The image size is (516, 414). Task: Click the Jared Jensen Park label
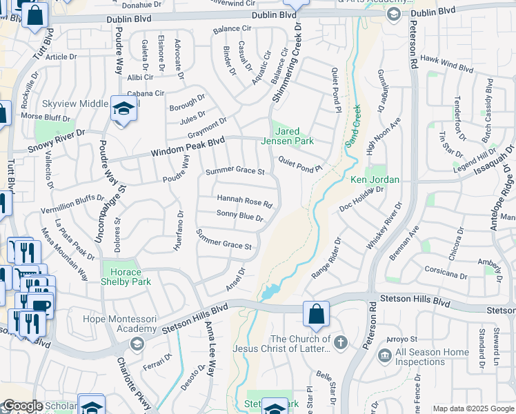(x=295, y=136)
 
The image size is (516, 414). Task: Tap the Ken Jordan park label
(x=375, y=180)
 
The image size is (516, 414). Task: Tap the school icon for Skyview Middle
(x=123, y=108)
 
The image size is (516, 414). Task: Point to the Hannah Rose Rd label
(x=245, y=201)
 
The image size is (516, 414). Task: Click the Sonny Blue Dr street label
(x=240, y=217)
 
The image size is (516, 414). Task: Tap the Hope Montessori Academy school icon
(x=137, y=344)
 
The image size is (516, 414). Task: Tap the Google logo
(x=22, y=406)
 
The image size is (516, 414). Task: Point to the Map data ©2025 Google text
(x=472, y=408)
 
